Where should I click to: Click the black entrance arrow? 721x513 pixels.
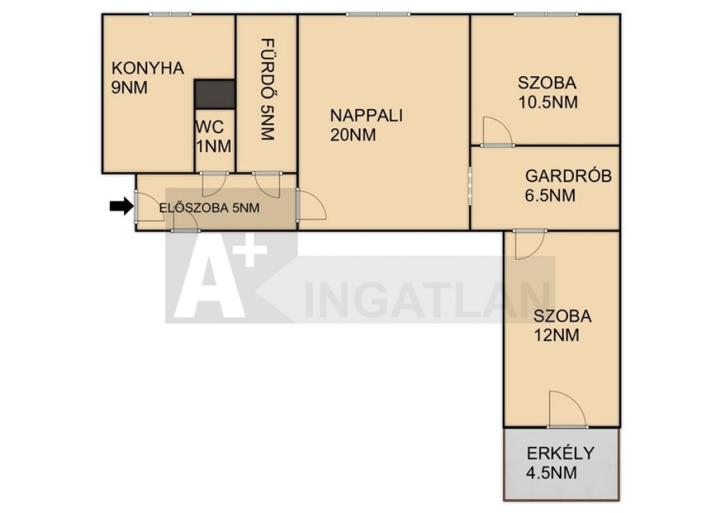[x=121, y=206]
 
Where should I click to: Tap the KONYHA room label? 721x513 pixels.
[x=148, y=68]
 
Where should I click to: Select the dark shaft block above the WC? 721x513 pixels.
[x=215, y=94]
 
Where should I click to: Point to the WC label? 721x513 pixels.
[x=210, y=126]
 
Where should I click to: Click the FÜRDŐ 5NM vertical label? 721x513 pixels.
[x=267, y=89]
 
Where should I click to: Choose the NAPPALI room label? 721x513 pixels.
[x=366, y=115]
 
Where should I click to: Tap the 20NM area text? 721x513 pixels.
[x=353, y=135]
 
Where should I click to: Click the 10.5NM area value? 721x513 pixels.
[x=548, y=102]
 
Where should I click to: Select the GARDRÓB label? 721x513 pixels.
[x=568, y=175]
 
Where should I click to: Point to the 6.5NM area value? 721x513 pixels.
[x=550, y=195]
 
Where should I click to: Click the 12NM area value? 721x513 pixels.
[x=556, y=335]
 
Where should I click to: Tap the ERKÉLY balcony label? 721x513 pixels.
[x=560, y=453]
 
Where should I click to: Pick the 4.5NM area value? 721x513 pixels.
[x=551, y=473]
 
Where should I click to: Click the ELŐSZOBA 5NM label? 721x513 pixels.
[x=209, y=208]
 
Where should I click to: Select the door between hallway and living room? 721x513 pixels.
[x=311, y=204]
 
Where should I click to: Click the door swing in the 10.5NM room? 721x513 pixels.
[x=498, y=132]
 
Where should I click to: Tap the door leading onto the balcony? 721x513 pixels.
[x=568, y=409]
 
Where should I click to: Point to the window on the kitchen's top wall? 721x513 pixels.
[x=170, y=14]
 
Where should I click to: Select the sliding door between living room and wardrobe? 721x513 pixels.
[x=470, y=185]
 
